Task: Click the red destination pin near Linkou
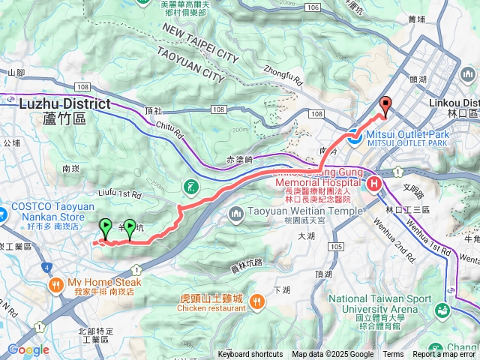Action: click(x=385, y=106)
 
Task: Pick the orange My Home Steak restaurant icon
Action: click(x=55, y=285)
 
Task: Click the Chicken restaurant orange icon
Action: click(x=256, y=301)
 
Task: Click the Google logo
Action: click(x=28, y=349)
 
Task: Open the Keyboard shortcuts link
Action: click(x=250, y=355)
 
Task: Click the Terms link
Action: click(x=393, y=355)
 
